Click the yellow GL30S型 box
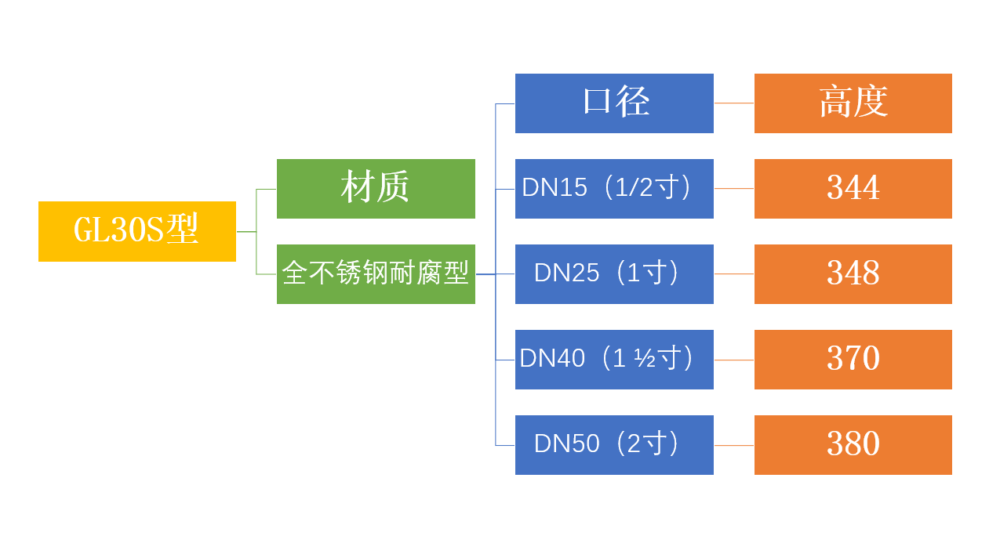coord(137,231)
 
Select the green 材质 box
coord(376,189)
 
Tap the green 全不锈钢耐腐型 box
coord(376,274)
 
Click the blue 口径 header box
coord(614,103)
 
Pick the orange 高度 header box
coord(853,103)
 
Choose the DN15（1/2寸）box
coord(614,189)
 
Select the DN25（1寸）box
coord(614,274)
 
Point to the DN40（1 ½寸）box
coord(614,360)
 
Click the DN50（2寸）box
coord(614,445)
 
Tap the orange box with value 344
coord(853,189)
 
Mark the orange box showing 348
coord(853,274)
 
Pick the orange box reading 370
coord(853,360)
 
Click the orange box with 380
coord(853,445)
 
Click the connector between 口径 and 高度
coord(734,103)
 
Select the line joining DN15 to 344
coord(734,189)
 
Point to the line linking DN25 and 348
coord(734,274)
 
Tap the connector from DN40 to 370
coord(734,360)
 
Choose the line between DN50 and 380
coord(734,445)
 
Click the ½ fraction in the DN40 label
coord(645,359)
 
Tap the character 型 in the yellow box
coord(183,230)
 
